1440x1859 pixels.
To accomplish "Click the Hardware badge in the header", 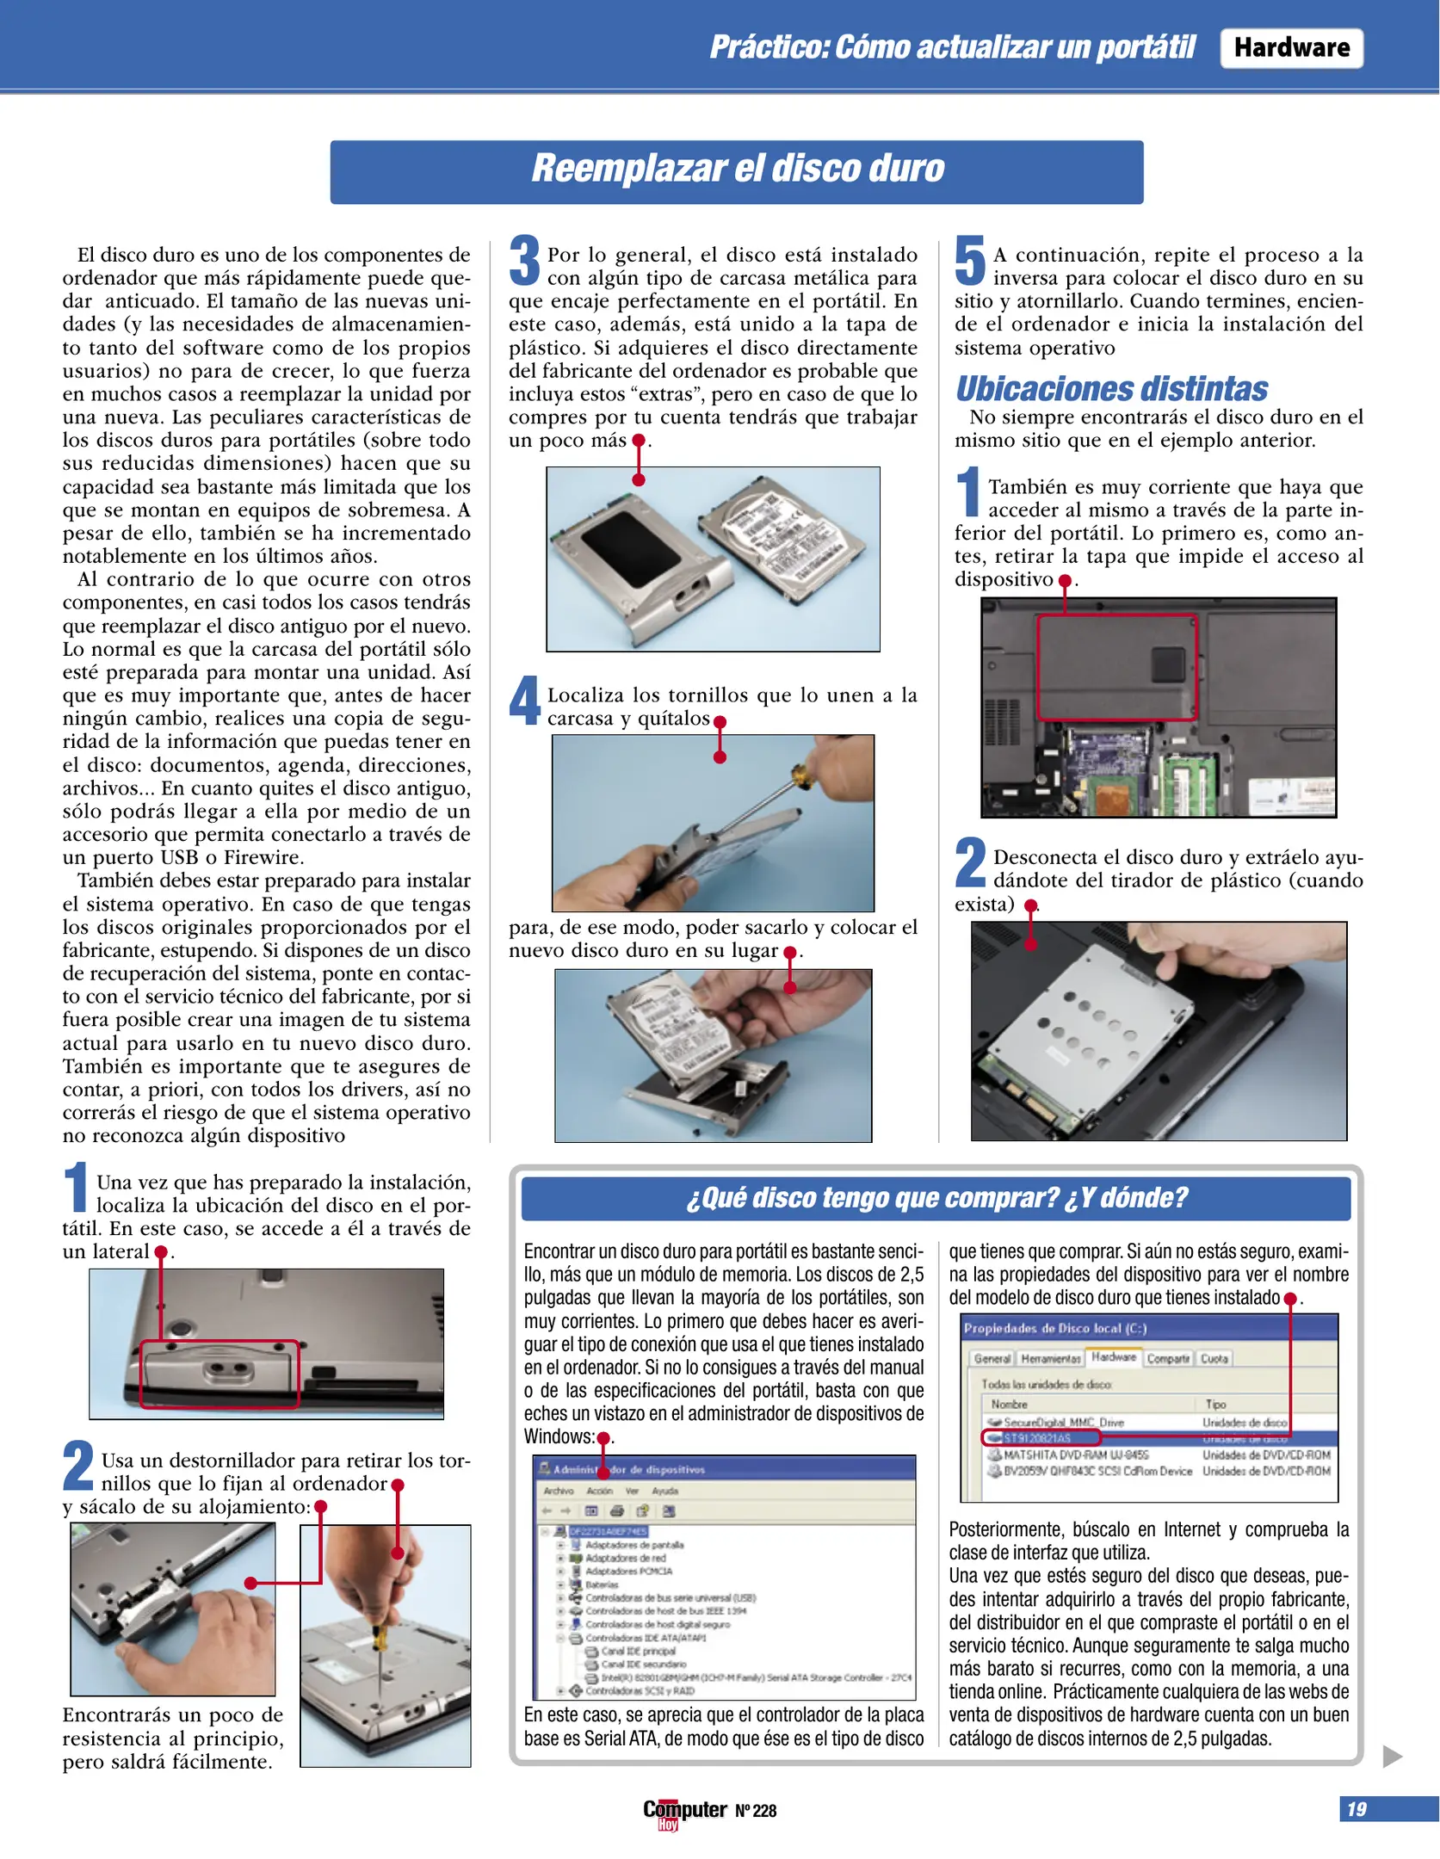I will click(x=1290, y=47).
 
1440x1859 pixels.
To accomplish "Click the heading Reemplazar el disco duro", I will click(x=737, y=169).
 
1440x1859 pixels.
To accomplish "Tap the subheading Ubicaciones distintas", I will click(x=1111, y=389).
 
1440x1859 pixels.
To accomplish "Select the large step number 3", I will click(x=524, y=260).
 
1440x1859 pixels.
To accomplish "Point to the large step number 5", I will click(x=970, y=260).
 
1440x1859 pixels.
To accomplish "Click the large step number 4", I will click(x=524, y=701).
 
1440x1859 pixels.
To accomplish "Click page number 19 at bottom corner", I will click(x=1357, y=1808).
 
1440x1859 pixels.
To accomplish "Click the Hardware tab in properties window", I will click(x=1113, y=1357).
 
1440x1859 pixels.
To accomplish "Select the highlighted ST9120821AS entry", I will click(x=1037, y=1438).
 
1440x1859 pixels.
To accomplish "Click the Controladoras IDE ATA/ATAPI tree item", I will click(x=645, y=1638).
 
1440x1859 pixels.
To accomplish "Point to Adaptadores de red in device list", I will click(x=625, y=1558).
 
